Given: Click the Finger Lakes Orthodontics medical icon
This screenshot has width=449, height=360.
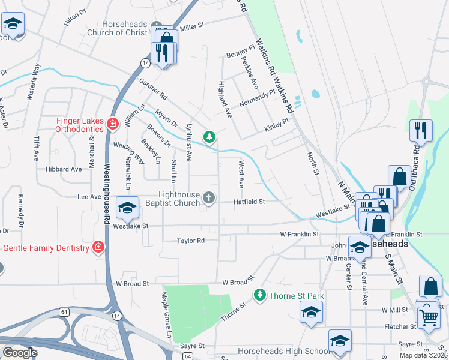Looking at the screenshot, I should [x=112, y=124].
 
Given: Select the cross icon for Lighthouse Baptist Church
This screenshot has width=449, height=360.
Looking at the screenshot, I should [x=209, y=197].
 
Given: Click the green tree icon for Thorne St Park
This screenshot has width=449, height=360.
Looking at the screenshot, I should [x=259, y=295].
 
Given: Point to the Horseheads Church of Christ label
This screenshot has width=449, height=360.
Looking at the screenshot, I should [x=125, y=28].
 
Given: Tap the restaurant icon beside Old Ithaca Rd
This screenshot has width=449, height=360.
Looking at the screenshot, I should [x=420, y=130].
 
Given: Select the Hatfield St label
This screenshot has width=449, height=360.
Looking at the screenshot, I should [x=249, y=202].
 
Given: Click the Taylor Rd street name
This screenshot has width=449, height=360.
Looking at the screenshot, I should [x=191, y=241].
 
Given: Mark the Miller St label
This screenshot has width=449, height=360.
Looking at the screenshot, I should [x=192, y=26].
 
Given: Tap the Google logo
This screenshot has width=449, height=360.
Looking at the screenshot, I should [x=20, y=353].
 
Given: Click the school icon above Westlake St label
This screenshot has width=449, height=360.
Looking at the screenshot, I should [x=127, y=208].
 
